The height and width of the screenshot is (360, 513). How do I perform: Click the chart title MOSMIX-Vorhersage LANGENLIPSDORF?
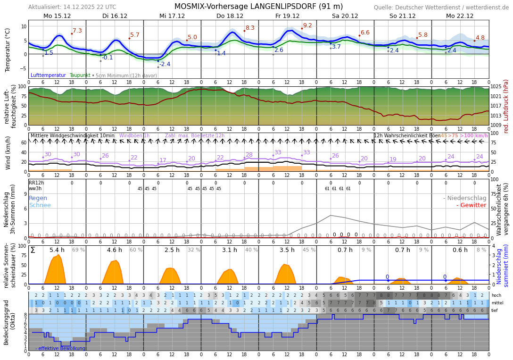coord(258,7)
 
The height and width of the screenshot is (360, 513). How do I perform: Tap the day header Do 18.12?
coord(230,16)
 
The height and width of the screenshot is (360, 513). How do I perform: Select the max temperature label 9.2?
coord(307,25)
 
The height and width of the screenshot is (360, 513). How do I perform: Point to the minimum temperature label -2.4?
coord(165,64)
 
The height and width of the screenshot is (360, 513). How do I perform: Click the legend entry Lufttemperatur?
coord(48,75)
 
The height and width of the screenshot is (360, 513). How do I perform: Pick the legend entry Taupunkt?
coord(79,75)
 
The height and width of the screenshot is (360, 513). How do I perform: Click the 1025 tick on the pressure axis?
coord(496,87)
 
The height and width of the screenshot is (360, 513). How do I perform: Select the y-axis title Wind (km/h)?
coord(8,152)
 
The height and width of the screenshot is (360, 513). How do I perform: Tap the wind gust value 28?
coord(249,155)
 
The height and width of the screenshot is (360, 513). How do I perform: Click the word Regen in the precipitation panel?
coord(38,198)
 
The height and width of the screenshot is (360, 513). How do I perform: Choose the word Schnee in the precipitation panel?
coord(40,205)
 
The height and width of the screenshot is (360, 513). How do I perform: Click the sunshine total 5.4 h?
coord(57,250)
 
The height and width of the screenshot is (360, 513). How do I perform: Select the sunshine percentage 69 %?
coord(78,250)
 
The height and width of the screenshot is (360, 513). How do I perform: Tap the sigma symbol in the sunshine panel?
coord(33,250)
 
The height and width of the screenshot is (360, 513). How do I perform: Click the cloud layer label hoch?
coord(496,295)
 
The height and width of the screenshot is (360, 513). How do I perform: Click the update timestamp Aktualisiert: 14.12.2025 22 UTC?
coord(72,7)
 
